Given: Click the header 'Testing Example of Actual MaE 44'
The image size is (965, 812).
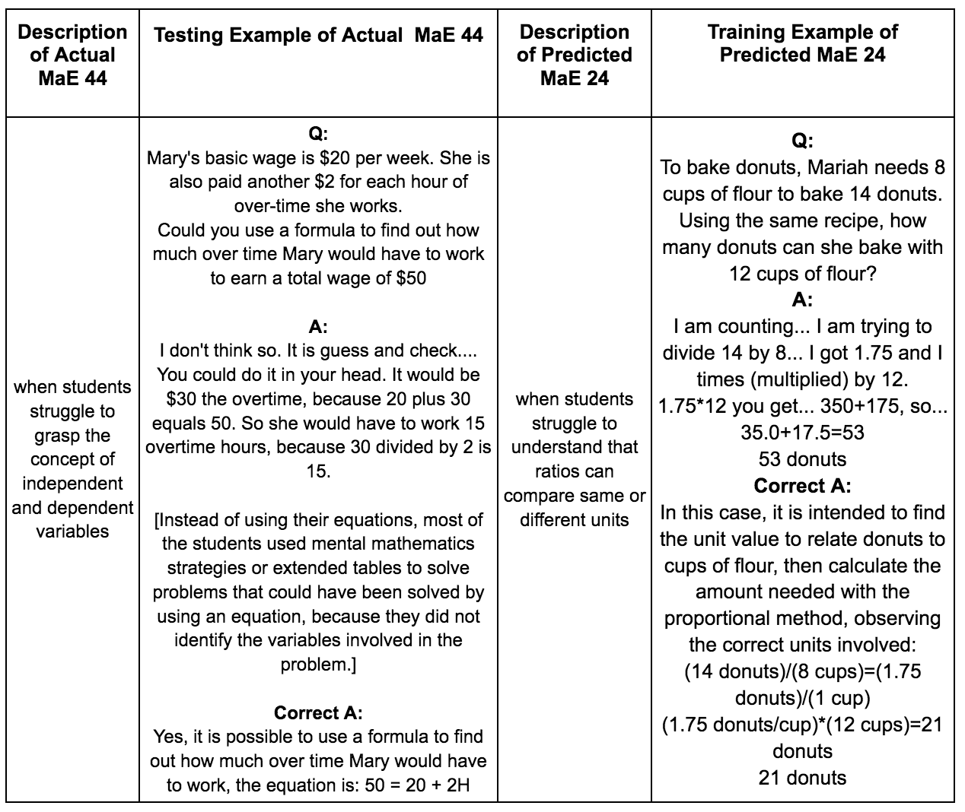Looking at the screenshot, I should coord(318,35).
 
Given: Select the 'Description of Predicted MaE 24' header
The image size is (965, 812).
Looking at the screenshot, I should coord(575,55).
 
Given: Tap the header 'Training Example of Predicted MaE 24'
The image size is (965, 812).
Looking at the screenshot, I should coord(802,43).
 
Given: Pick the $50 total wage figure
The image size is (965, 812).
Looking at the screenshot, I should coord(411,278).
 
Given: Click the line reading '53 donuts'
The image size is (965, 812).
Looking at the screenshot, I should coord(802,459).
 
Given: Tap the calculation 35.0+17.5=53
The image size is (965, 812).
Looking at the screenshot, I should coord(802,433).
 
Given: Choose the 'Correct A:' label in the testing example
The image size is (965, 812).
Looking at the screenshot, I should coord(318,712).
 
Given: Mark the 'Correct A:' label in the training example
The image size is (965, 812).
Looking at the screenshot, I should coord(802,486).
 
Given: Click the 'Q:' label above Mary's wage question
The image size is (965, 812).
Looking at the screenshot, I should coord(318,134).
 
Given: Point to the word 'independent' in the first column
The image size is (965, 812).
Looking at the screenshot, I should coord(72,484).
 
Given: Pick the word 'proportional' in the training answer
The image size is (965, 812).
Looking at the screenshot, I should coord(711,618).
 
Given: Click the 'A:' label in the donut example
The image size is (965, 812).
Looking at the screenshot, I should coord(802,300).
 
